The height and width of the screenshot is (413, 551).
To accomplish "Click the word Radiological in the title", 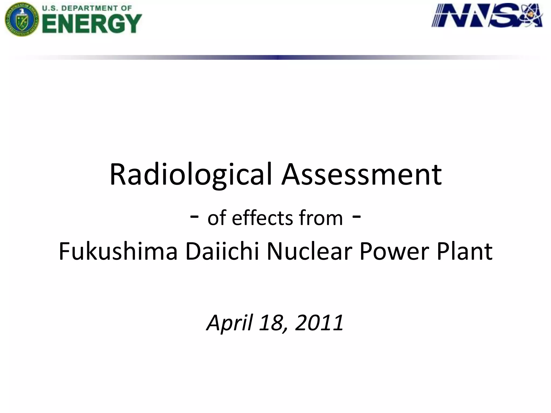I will pyautogui.click(x=190, y=175).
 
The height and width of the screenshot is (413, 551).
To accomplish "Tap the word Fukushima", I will pyautogui.click(x=118, y=251).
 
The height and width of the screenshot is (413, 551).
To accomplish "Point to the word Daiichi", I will pyautogui.click(x=222, y=251).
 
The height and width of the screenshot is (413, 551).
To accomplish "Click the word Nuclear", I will pyautogui.click(x=310, y=251).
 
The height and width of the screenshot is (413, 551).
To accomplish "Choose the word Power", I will pyautogui.click(x=394, y=251).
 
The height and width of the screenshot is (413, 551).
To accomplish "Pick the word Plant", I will pyautogui.click(x=465, y=251).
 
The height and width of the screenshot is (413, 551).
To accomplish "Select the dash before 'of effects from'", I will pyautogui.click(x=194, y=217).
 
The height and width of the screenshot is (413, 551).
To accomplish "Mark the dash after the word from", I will pyautogui.click(x=356, y=217).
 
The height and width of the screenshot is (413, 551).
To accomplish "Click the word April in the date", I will pyautogui.click(x=229, y=322).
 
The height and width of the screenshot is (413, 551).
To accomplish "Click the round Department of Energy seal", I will pyautogui.click(x=22, y=19).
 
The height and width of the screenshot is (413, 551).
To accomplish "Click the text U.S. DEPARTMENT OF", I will pyautogui.click(x=87, y=8).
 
